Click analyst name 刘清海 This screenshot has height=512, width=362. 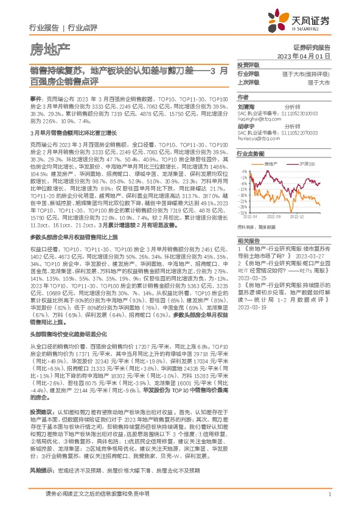[x=246, y=105]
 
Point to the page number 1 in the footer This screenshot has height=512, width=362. [x=329, y=502]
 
